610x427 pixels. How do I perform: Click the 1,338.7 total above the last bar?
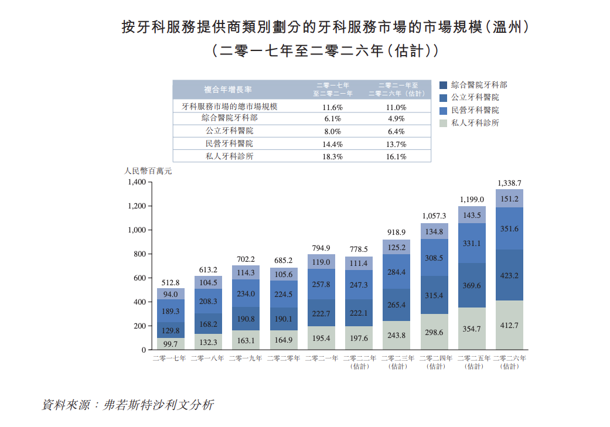pos(509,183)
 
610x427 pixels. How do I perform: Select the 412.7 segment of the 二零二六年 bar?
pos(509,324)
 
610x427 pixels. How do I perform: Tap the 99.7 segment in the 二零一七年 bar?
pos(171,344)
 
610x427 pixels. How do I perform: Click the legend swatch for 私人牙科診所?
pos(444,123)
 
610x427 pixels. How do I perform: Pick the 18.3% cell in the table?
pos(332,157)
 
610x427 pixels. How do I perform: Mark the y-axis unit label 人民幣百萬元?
pos(148,172)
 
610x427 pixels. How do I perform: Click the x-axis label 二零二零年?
pos(284,358)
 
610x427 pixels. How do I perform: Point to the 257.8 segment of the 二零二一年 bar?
pos(321,285)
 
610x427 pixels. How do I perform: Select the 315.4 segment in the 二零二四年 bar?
pos(434,296)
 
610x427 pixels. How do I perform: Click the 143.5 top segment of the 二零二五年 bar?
pos(472,215)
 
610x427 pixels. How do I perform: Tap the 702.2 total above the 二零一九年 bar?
pos(246,259)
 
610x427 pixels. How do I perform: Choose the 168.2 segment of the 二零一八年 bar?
pos(208,324)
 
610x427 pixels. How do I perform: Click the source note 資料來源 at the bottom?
pos(127,405)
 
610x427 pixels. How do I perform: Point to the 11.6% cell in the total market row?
pos(332,108)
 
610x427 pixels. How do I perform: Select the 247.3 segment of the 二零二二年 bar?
pos(359,285)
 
